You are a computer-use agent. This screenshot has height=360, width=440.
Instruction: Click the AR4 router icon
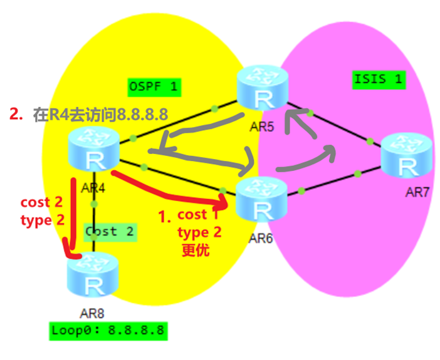[94, 149]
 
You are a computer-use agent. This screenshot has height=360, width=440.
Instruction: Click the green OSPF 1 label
[154, 86]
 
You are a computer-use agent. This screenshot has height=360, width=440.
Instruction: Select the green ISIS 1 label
[377, 79]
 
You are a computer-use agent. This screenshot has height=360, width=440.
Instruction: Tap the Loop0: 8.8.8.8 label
[108, 330]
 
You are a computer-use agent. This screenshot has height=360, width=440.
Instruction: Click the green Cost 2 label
[109, 231]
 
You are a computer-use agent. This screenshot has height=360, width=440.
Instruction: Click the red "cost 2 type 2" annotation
[42, 212]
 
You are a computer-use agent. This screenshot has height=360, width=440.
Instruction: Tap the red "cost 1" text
[199, 215]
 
